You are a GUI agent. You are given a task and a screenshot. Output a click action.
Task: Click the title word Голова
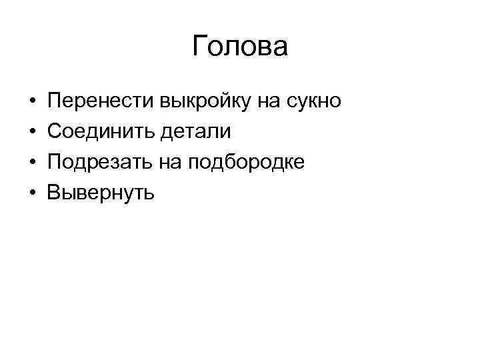(x=240, y=47)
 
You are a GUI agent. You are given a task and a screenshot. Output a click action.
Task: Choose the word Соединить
(x=100, y=131)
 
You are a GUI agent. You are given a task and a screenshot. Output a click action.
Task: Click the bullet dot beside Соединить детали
(x=33, y=132)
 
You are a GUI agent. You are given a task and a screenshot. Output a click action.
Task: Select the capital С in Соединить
(x=55, y=131)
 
